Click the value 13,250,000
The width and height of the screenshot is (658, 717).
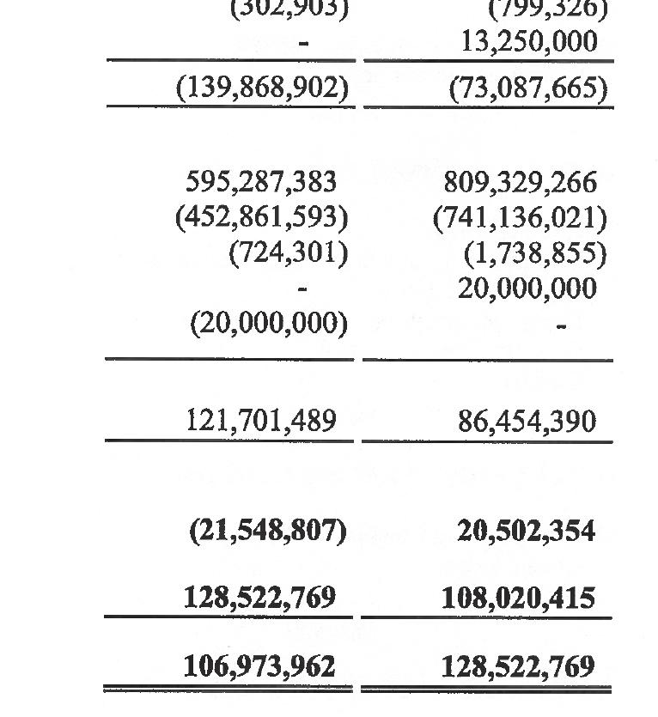(528, 42)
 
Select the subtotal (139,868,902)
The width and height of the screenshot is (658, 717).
(262, 88)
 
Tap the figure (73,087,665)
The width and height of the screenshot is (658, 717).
(527, 88)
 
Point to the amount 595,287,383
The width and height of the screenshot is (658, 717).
(261, 182)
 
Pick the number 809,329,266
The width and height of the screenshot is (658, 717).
(520, 182)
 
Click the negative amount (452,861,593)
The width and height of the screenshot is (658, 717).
(262, 217)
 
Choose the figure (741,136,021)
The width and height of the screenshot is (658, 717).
(520, 217)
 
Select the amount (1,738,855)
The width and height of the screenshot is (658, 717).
(535, 253)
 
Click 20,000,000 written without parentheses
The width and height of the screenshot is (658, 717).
(527, 289)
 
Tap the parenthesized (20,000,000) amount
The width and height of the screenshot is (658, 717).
(269, 324)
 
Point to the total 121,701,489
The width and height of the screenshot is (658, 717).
(261, 421)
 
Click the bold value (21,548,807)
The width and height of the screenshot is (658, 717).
(267, 531)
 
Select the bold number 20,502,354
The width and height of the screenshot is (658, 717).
(526, 531)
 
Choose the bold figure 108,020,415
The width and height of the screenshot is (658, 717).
(518, 598)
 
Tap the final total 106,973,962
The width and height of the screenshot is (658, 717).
(259, 665)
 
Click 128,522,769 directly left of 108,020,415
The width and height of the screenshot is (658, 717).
(259, 598)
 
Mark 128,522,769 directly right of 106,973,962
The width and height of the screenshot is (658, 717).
(518, 665)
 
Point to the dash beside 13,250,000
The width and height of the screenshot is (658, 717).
(303, 42)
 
